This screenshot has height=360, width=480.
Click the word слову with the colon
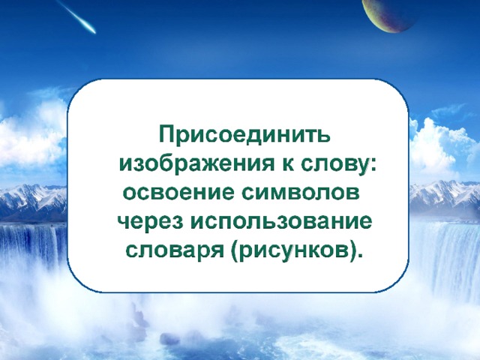338,167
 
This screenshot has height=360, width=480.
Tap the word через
150,223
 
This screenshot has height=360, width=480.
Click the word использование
281,223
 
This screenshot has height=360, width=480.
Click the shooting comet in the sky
76,16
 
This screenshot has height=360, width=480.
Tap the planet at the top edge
388,13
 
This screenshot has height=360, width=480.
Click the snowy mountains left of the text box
33,202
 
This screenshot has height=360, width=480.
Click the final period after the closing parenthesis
357,257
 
